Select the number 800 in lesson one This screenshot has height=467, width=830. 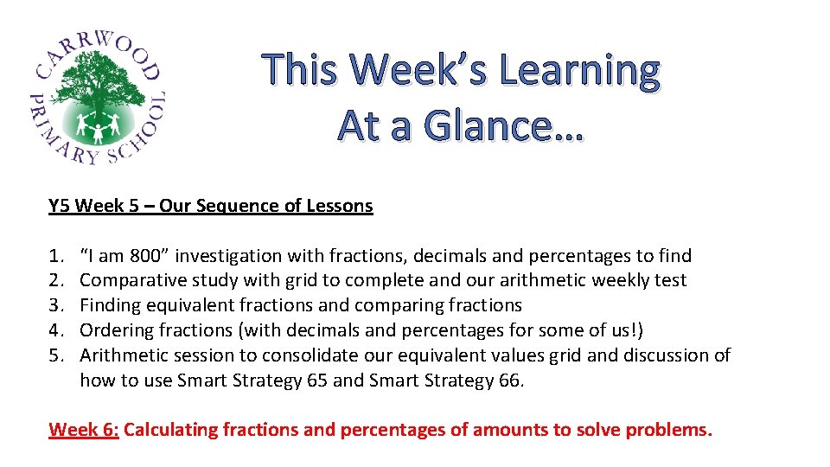tap(144, 256)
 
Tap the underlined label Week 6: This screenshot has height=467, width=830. tap(84, 430)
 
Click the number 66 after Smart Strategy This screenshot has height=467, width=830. tap(510, 381)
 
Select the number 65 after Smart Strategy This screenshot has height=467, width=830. tap(316, 381)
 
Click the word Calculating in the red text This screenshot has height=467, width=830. tap(171, 430)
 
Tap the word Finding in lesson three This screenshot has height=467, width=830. tap(110, 305)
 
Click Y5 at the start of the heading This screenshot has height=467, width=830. tap(60, 206)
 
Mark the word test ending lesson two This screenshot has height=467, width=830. tap(672, 280)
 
